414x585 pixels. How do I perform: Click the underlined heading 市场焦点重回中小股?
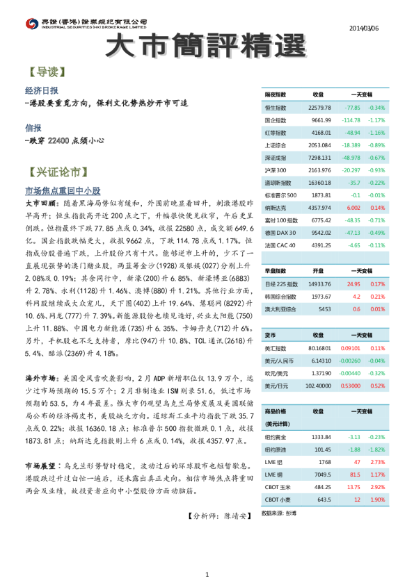click(x=63, y=190)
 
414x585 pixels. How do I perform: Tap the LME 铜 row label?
click(x=273, y=475)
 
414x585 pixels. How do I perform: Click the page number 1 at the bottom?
click(x=207, y=573)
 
